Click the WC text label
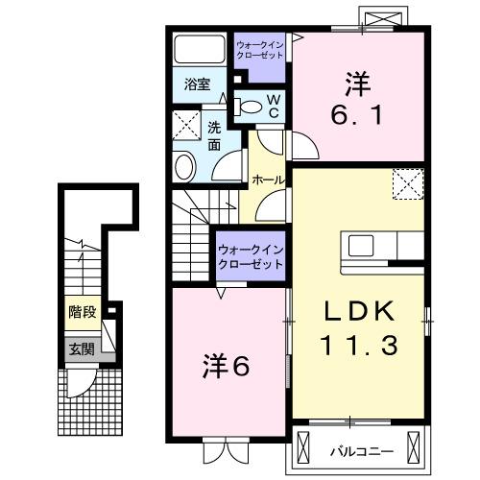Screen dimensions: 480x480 click(273, 106)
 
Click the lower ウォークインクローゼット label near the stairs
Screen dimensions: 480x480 click(251, 256)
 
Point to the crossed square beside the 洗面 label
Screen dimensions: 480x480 click(185, 125)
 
